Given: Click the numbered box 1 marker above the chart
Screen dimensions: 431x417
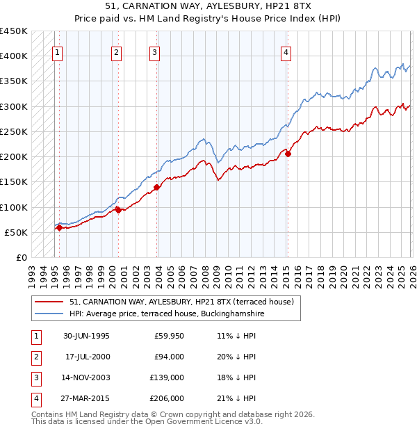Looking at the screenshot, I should [57, 51].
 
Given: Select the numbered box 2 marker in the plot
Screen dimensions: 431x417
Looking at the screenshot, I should [116, 51].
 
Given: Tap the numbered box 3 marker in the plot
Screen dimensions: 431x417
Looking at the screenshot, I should [154, 51].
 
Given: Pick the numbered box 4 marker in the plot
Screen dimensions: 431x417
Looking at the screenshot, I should [286, 51].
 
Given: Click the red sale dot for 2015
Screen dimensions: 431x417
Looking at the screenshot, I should [288, 154].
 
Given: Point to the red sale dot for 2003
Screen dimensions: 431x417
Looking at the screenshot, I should [157, 187].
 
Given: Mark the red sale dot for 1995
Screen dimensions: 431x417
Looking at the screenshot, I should [60, 227].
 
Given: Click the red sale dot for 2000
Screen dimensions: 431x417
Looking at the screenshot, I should [118, 210].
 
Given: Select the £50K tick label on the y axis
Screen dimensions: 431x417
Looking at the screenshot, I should [17, 232].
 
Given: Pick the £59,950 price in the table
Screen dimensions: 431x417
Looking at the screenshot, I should [169, 335].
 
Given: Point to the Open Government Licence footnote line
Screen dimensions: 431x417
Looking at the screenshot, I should [147, 421].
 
